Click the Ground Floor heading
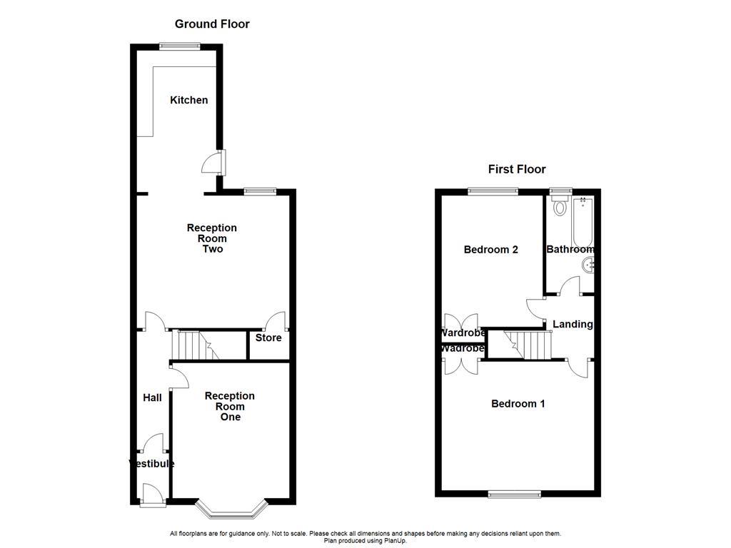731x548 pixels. coord(212,24)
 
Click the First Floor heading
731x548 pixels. coord(516,169)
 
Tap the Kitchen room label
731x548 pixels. coord(188,100)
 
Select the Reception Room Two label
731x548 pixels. coord(211,238)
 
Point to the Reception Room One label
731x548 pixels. coord(229,406)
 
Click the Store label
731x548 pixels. coord(268,338)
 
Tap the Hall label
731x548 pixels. coord(152,397)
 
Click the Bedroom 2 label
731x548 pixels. coord(490,250)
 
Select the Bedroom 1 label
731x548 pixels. coord(518,404)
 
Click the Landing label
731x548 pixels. coord(573,325)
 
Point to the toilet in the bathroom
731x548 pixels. coord(560,208)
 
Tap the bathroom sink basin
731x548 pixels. coord(589,266)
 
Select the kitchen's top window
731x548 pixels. coord(178,46)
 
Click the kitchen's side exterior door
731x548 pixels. coord(214,163)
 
